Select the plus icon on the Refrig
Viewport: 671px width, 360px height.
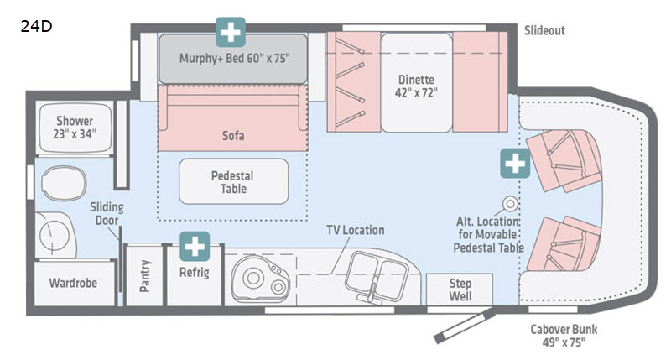coord(196,247)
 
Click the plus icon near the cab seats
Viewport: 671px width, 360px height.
coord(515,163)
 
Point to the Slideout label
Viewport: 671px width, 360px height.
coord(544,30)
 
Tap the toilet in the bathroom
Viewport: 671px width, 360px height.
coord(64,178)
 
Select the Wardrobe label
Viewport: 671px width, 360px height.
coord(72,284)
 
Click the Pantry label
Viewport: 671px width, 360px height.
coord(144,275)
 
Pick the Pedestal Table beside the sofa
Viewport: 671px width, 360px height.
coord(232,181)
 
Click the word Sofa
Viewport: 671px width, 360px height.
coord(232,134)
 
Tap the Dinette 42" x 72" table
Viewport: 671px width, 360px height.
coord(418,82)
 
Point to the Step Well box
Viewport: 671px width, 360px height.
coord(460,290)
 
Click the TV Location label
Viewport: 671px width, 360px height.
coord(356,230)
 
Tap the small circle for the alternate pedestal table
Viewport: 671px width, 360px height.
coord(509,202)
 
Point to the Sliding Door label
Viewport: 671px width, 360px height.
coord(107,214)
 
